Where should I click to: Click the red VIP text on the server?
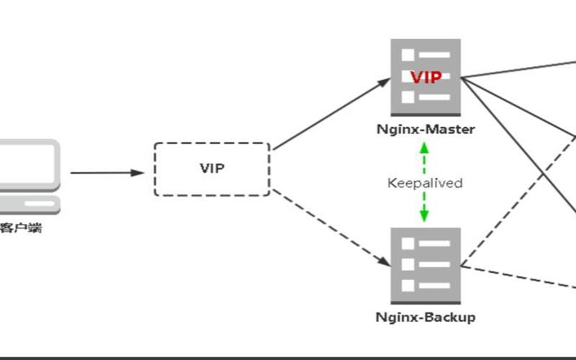[x=426, y=78]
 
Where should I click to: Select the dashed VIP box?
[x=155, y=169]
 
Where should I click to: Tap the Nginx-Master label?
[x=426, y=130]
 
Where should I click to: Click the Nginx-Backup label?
[x=426, y=318]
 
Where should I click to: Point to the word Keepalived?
[x=425, y=183]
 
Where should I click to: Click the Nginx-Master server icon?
[x=426, y=78]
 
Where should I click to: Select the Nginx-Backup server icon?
[x=426, y=266]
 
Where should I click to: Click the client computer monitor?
[x=30, y=166]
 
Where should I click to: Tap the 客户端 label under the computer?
[x=21, y=228]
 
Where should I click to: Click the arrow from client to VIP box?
[x=107, y=173]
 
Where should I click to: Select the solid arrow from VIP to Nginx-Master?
[x=332, y=114]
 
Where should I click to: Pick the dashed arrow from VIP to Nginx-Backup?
[x=332, y=228]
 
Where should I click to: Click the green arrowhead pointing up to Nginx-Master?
[x=424, y=148]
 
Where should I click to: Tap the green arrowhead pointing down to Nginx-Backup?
[x=424, y=217]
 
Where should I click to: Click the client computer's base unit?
[x=30, y=205]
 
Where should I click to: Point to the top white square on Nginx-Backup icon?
[x=408, y=243]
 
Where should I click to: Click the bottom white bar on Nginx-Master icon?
[x=435, y=97]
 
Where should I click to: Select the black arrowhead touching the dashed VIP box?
[x=138, y=173]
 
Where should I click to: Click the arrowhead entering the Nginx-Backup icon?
[x=384, y=262]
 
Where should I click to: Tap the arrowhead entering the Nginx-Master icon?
[x=384, y=81]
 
